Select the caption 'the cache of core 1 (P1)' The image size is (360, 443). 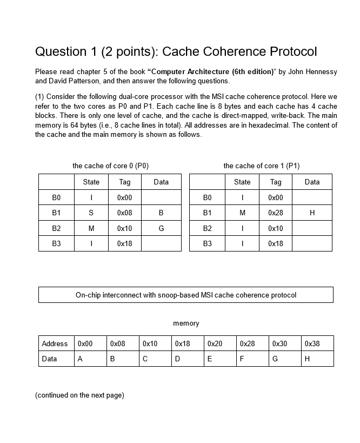[261, 166]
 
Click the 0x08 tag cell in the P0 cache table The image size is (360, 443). [124, 213]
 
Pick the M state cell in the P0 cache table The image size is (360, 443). [91, 228]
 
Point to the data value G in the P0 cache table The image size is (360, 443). [161, 228]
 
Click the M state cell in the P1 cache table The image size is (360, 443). [242, 213]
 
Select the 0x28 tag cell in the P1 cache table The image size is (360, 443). [276, 213]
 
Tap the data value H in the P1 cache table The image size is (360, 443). [312, 213]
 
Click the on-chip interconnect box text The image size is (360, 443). [186, 295]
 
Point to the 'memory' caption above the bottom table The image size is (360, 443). [186, 323]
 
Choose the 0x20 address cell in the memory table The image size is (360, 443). [215, 343]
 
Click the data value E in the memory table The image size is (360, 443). [210, 359]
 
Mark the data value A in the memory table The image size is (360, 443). [80, 359]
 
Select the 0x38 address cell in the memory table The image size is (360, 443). [312, 343]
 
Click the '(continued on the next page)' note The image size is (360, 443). [79, 395]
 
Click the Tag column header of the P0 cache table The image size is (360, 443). [124, 182]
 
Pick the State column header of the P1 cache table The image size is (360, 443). [242, 182]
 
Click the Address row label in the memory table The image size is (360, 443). [55, 343]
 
